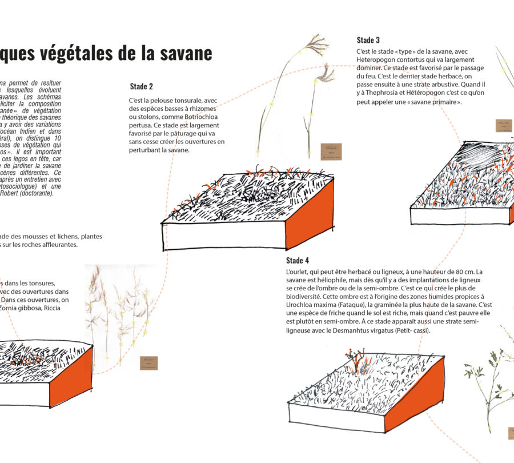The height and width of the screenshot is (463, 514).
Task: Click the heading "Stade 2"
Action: pos(141,87)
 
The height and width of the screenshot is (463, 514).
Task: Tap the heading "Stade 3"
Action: pos(368,40)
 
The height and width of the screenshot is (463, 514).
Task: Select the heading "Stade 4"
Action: pos(298,261)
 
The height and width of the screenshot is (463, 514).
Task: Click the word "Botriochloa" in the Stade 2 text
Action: pos(192,117)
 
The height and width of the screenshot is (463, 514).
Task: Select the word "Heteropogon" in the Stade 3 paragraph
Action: pos(376,60)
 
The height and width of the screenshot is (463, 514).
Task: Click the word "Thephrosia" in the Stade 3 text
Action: pos(389,94)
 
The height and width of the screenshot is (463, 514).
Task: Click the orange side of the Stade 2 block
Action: pos(310,214)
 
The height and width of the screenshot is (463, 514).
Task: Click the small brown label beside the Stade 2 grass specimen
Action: pos(331,151)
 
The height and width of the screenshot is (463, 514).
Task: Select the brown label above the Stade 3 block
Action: pos(504,126)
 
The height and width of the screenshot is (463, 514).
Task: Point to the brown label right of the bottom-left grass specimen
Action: pos(148,363)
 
